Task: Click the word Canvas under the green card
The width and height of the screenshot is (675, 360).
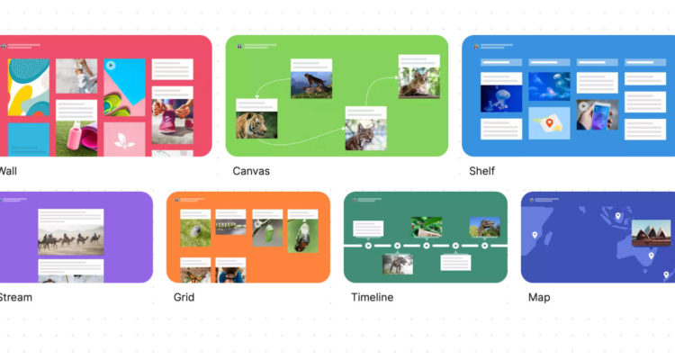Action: coord(251,171)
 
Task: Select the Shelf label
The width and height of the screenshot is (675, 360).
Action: coord(481,171)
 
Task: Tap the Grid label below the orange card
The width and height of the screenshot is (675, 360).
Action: coord(184,297)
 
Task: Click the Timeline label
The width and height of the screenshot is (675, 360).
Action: coord(372,297)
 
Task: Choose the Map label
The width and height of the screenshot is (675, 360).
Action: coord(539,297)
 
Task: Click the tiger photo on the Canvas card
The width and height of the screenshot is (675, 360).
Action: coord(252,125)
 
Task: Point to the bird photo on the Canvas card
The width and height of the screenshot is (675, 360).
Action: coord(311,85)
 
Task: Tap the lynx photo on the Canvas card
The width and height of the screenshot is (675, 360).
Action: coord(364,134)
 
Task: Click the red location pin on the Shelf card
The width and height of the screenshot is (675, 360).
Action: coord(549,122)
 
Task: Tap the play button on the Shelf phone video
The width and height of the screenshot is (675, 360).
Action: coord(583,105)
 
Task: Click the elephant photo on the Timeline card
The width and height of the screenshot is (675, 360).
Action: coord(397,263)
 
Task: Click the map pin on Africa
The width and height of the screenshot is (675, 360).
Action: coord(535,236)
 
